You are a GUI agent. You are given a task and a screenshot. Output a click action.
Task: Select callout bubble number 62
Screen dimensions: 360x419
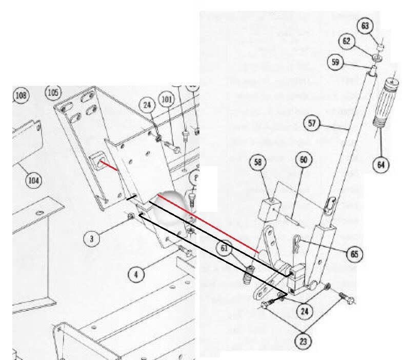pos(348,42)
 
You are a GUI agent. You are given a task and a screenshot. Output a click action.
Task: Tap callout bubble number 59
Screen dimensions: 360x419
pos(335,63)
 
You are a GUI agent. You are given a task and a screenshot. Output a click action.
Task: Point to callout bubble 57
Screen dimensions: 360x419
pos(312,123)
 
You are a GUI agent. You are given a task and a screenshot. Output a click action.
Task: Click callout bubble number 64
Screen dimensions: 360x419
pos(381,165)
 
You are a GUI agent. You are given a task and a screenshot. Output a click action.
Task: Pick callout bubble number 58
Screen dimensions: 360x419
pos(258,163)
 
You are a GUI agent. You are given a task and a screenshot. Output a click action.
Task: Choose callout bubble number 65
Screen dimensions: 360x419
pos(354,254)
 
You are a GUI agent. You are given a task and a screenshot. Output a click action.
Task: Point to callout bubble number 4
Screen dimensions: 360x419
pos(136,274)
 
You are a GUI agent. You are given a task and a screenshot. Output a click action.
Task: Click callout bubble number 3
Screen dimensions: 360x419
pos(91,238)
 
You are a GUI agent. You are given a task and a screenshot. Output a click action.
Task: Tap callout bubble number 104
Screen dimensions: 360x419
pos(33,180)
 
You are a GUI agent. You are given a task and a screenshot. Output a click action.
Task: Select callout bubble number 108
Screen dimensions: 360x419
pos(21,95)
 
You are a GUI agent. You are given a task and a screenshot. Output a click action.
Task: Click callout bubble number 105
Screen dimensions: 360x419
pos(53,92)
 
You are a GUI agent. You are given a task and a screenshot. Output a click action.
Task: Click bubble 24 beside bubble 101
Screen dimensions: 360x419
pos(148,106)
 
